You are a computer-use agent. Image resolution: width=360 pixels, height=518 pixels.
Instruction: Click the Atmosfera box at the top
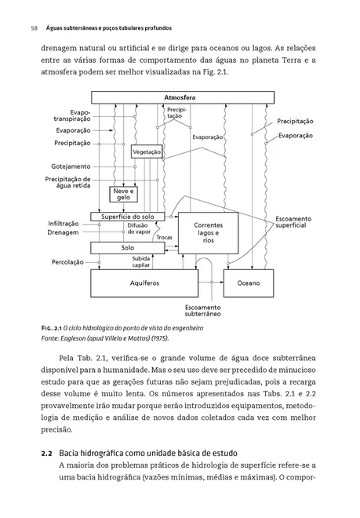pyautogui.click(x=183, y=97)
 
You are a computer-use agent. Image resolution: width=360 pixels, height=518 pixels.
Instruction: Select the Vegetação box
pyautogui.click(x=147, y=151)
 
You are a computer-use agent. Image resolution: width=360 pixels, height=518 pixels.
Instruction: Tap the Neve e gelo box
pyautogui.click(x=123, y=195)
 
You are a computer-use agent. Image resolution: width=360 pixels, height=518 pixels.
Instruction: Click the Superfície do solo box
pyautogui.click(x=128, y=217)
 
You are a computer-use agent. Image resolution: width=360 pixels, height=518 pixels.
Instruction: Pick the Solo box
pyautogui.click(x=128, y=248)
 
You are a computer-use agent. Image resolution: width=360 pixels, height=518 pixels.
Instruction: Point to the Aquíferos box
pyautogui.click(x=144, y=283)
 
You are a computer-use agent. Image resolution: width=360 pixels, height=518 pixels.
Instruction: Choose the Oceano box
pyautogui.click(x=249, y=283)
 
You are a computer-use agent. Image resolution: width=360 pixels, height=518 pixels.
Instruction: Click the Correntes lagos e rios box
pyautogui.click(x=208, y=233)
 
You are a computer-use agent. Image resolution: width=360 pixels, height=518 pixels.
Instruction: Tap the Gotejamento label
pyautogui.click(x=71, y=166)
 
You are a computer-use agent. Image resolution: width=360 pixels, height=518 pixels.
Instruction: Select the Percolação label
pyautogui.click(x=67, y=262)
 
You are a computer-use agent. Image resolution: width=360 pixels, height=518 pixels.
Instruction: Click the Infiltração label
pyautogui.click(x=64, y=224)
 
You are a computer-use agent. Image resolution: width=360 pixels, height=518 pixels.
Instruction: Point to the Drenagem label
pyautogui.click(x=63, y=232)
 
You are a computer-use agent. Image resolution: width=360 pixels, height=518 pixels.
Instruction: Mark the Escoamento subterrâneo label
pyautogui.click(x=203, y=311)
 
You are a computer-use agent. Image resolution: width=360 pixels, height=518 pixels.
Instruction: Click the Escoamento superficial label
pyautogui.click(x=293, y=222)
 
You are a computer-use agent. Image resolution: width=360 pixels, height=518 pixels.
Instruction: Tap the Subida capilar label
pyautogui.click(x=141, y=261)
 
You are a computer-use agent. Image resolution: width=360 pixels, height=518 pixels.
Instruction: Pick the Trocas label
pyautogui.click(x=164, y=237)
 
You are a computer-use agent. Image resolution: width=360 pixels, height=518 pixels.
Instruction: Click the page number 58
pyautogui.click(x=34, y=28)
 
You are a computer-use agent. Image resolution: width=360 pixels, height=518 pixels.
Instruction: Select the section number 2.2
pyautogui.click(x=46, y=454)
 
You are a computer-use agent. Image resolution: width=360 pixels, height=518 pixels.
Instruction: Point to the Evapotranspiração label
pyautogui.click(x=72, y=115)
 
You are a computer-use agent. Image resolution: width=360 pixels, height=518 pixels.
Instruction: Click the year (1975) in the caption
pyautogui.click(x=161, y=338)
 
